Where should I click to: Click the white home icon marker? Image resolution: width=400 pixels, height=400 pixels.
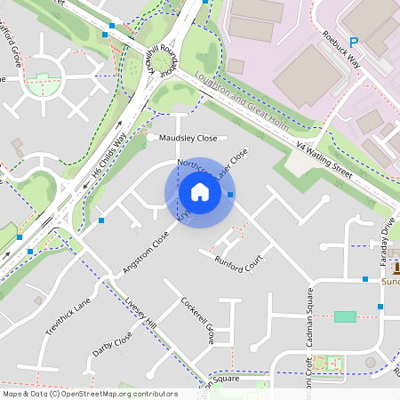pyautogui.click(x=200, y=192)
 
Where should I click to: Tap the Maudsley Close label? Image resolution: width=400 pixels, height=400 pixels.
pyautogui.click(x=188, y=139)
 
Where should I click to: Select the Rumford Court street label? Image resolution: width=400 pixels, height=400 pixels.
pyautogui.click(x=240, y=263)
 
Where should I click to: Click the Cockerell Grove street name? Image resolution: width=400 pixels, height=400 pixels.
pyautogui.click(x=197, y=320)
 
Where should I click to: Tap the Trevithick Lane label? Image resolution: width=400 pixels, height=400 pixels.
pyautogui.click(x=68, y=312)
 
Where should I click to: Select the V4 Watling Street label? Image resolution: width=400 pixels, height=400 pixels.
pyautogui.click(x=324, y=157)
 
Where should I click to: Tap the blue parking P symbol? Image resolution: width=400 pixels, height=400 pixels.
pyautogui.click(x=353, y=42)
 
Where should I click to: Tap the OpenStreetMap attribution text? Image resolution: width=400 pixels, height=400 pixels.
pyautogui.click(x=89, y=394)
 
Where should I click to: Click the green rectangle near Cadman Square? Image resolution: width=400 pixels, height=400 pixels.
pyautogui.click(x=345, y=316)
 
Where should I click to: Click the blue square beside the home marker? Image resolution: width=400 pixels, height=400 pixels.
pyautogui.click(x=231, y=194)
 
